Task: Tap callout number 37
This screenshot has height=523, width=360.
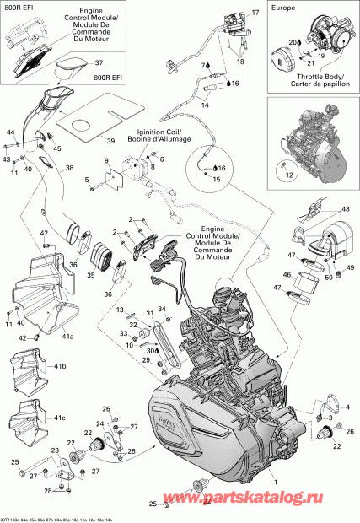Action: tap(98, 62)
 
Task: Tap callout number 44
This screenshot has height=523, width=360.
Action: tap(11, 133)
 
